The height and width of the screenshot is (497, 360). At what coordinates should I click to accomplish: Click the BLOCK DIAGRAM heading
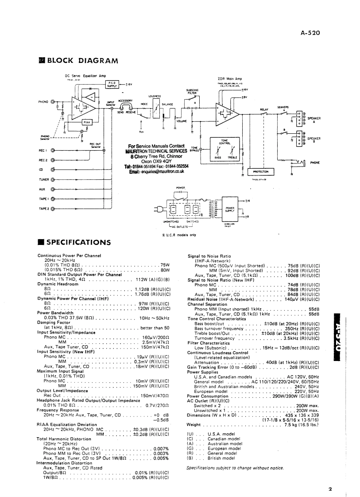(x=82, y=61)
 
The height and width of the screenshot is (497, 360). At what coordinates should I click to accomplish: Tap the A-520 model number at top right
(x=310, y=32)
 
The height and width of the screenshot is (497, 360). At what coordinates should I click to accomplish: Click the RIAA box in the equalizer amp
(x=87, y=122)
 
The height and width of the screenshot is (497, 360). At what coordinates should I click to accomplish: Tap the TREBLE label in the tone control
(x=232, y=157)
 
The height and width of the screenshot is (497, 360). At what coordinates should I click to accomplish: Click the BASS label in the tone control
(x=217, y=157)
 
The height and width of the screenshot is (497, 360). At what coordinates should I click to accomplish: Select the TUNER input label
(x=43, y=179)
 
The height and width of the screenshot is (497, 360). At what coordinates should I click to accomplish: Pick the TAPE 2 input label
(x=43, y=208)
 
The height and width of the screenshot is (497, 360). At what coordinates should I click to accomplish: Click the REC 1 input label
(x=43, y=151)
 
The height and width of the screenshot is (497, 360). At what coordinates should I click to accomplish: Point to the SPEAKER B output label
(x=314, y=139)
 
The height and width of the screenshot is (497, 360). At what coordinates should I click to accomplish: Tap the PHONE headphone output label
(x=315, y=163)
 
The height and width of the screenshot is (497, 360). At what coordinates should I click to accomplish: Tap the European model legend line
(x=215, y=448)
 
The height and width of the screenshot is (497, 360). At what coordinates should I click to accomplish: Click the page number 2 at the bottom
(x=330, y=489)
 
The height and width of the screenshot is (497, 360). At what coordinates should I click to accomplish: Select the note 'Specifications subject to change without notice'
(x=235, y=468)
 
